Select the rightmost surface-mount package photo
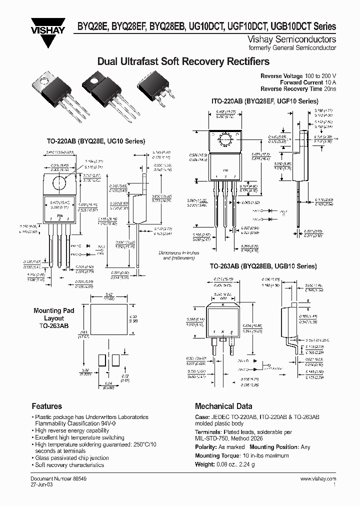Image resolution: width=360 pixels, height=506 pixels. click(156, 89)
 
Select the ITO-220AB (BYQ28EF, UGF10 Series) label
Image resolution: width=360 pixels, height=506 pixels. click(264, 100)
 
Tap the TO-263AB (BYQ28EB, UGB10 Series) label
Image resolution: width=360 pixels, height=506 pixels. click(263, 266)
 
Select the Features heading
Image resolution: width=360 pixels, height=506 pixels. click(46, 406)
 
